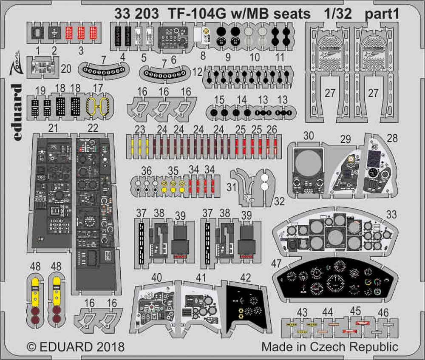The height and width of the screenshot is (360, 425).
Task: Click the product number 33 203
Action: coord(136,14)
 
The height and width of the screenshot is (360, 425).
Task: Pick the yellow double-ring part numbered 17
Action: coord(99,104)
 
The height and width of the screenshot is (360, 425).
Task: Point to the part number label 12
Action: coord(197,73)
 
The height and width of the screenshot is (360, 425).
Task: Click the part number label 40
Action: coord(157,278)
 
